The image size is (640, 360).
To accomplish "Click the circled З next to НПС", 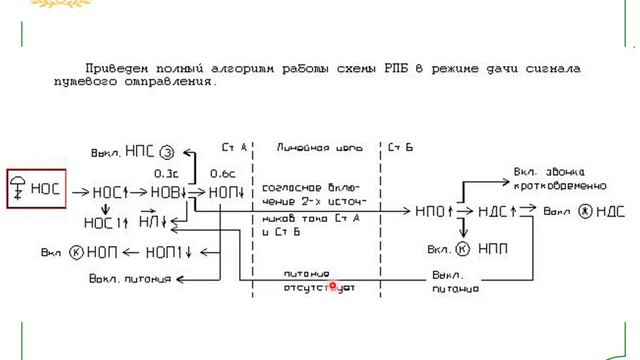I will coord(168,152).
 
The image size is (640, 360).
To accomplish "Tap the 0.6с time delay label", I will coord(222,172).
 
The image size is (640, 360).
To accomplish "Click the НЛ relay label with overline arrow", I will coord(152,221).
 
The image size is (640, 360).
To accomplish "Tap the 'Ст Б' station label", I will coord(400,146).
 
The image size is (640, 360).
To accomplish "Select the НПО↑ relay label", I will coord(434,212).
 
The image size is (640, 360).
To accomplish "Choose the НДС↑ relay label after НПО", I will coord(497,212).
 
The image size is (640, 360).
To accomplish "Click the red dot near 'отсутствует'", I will coord(333,285).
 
